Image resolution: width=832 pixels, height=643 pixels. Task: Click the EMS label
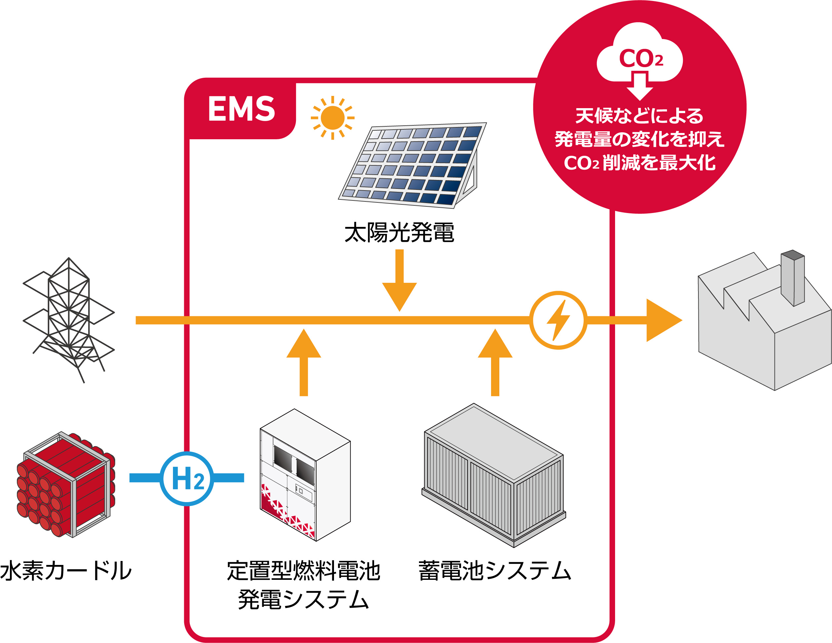pos(241,109)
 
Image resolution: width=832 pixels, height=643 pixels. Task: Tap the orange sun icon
pos(332,118)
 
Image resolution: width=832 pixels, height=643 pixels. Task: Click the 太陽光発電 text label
pos(399,233)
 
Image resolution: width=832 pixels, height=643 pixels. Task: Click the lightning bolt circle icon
pos(558,320)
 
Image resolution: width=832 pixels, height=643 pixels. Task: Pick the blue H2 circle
pos(187,478)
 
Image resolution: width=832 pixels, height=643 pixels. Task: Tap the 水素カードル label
pos(65,571)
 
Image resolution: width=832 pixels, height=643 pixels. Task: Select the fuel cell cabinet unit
pos(305,475)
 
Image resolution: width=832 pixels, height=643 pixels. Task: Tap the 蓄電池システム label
pos(494,571)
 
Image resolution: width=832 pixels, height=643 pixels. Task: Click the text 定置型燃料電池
pos(304,571)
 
